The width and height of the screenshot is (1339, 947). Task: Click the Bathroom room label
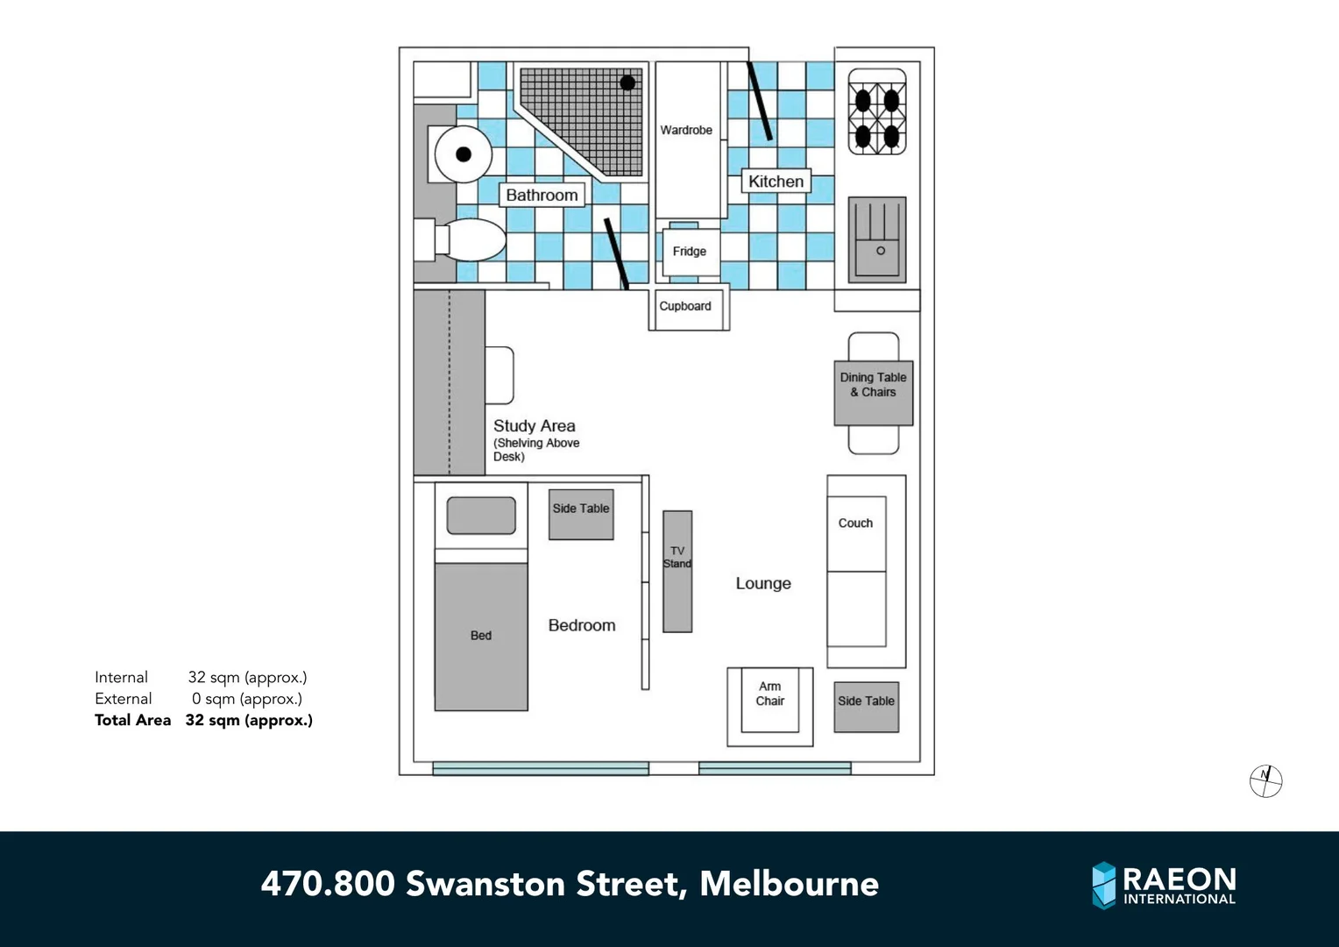pyautogui.click(x=542, y=195)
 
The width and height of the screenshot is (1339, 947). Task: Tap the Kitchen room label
pyautogui.click(x=776, y=182)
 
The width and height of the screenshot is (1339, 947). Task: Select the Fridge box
pyautogui.click(x=690, y=252)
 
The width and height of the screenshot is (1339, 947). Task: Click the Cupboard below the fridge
pyautogui.click(x=686, y=307)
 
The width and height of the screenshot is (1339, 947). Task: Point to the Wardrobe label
pyautogui.click(x=686, y=130)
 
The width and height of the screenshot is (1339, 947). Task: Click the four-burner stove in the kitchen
pyautogui.click(x=877, y=112)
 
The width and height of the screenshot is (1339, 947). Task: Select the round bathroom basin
pyautogui.click(x=464, y=154)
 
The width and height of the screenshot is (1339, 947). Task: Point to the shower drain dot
pyautogui.click(x=627, y=83)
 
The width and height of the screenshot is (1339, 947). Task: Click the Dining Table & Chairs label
pyautogui.click(x=873, y=385)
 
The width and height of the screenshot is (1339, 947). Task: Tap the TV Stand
pyautogui.click(x=677, y=571)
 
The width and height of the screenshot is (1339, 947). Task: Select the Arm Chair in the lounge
pyautogui.click(x=770, y=701)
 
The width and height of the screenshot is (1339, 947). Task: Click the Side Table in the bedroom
pyautogui.click(x=581, y=515)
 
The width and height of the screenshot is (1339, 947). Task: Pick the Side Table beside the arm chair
pyautogui.click(x=867, y=707)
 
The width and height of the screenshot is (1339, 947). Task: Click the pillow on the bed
pyautogui.click(x=481, y=516)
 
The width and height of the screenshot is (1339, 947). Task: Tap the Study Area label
pyautogui.click(x=535, y=426)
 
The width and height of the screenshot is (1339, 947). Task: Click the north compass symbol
pyautogui.click(x=1265, y=780)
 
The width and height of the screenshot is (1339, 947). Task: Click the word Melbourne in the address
pyautogui.click(x=789, y=884)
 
